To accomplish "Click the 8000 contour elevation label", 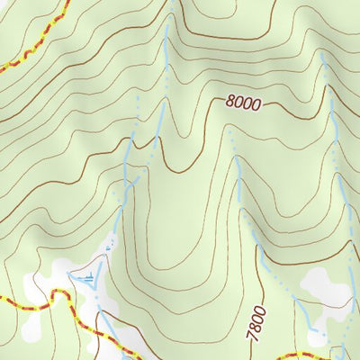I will click(243, 103).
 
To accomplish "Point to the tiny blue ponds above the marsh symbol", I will click(111, 243).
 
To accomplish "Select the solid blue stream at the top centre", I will click(164, 72).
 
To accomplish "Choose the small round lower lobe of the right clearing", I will click(316, 336).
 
